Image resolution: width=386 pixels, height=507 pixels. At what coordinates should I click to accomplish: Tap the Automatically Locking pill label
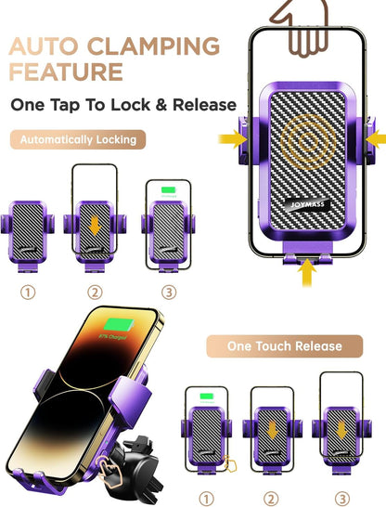pyautogui.click(x=78, y=139)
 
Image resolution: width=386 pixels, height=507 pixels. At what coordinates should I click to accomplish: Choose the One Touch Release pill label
pyautogui.click(x=285, y=346)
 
